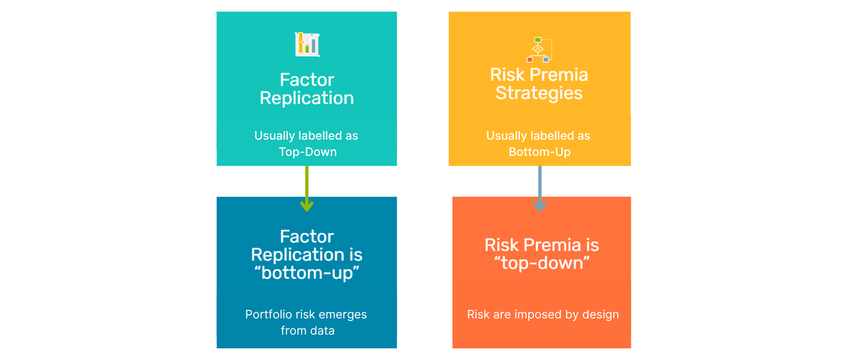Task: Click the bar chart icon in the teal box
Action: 307,44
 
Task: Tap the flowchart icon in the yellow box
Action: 539,50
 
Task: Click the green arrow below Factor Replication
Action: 307,189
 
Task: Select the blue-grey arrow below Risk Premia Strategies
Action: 540,189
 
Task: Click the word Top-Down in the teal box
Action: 307,152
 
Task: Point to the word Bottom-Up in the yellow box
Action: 540,152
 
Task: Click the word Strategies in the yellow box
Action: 539,93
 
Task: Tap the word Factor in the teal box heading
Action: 307,79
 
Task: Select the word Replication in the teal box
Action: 307,98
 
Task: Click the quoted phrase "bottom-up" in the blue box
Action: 307,273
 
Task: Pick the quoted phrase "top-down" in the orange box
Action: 542,263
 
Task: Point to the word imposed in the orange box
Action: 538,315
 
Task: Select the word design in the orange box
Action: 600,315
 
